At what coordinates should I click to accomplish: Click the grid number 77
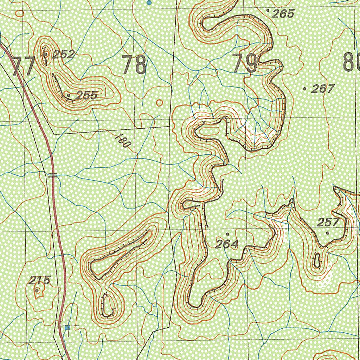pos(24,66)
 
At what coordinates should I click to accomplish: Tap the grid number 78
pos(134,65)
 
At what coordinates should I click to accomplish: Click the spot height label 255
pos(86,95)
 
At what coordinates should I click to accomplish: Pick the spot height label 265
pos(283,14)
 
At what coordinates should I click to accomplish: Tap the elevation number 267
pos(322,89)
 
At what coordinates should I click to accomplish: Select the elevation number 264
pos(227,244)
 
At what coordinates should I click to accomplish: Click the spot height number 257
pos(328,222)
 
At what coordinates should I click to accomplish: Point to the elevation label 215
pos(39,280)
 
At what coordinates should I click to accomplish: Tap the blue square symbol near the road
pos(67,327)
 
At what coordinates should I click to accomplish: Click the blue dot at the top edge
pos(149,2)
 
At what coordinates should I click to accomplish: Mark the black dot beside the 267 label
pos(304,89)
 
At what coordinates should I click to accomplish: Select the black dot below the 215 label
pos(37,290)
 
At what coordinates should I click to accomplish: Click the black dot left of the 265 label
pos(269,11)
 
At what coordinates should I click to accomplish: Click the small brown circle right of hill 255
pos(159,103)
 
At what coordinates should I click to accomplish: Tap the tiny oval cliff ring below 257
pos(317,261)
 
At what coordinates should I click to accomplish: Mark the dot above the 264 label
pos(227,233)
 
